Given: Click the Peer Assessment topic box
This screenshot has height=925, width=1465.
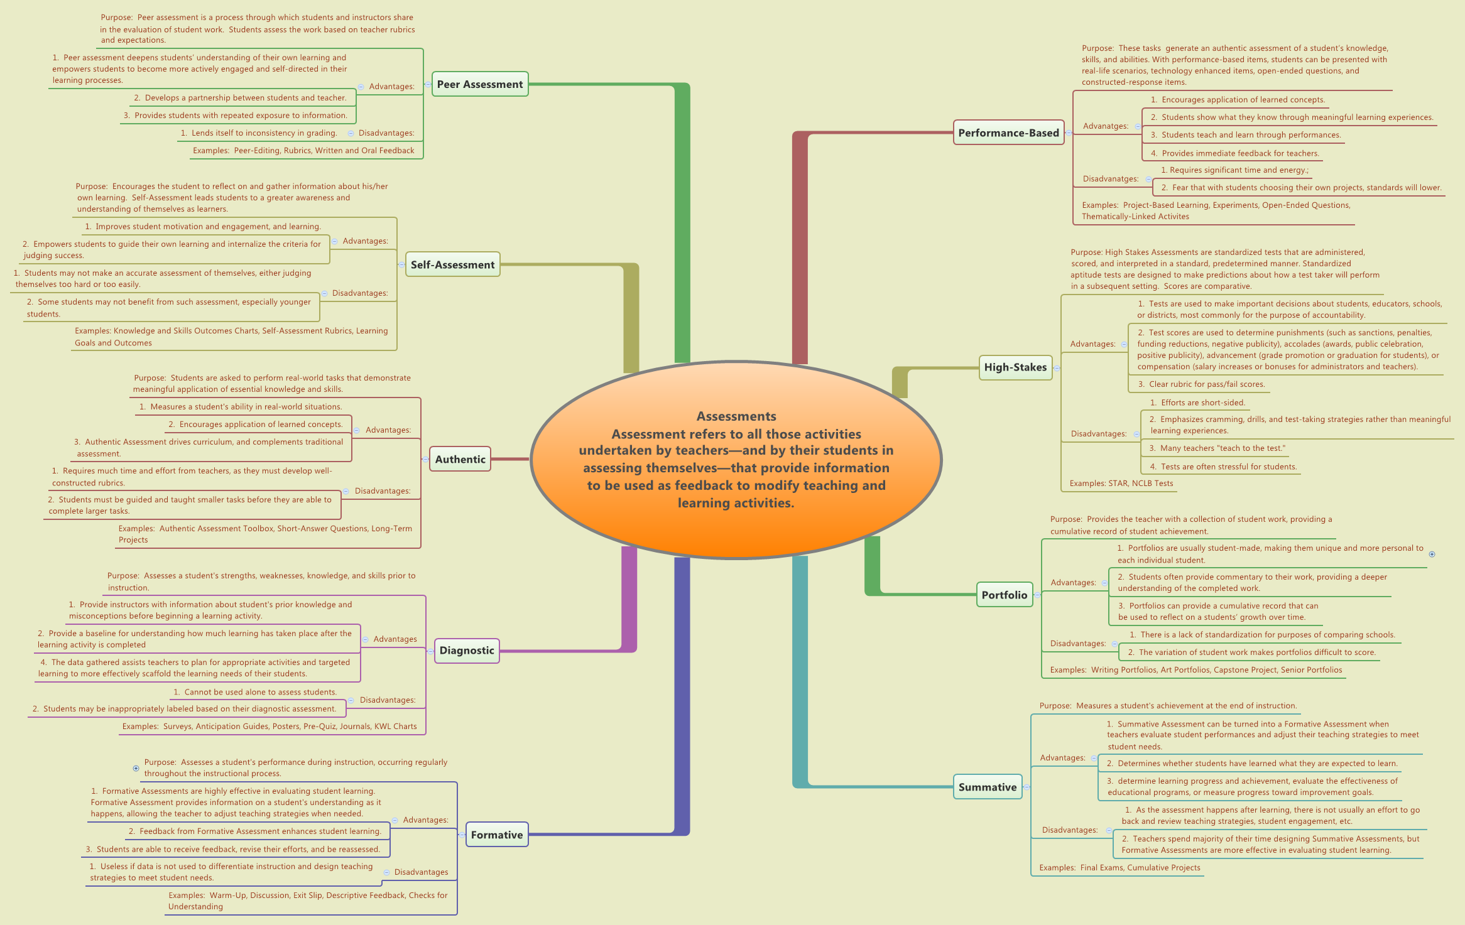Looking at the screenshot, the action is tap(480, 84).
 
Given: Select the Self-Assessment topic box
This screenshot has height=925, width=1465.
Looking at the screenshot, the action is tap(452, 265).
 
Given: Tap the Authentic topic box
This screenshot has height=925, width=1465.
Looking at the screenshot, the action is tap(460, 459).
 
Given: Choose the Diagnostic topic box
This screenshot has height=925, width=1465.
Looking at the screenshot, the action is tap(467, 651).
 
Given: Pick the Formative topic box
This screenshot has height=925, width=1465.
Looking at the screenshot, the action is tap(496, 835).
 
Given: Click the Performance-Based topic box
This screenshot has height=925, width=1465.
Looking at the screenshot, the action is tap(1008, 133).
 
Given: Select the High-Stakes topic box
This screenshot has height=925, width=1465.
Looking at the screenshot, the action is tap(1015, 367).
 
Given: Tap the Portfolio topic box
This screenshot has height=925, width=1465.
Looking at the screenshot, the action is tap(1004, 595).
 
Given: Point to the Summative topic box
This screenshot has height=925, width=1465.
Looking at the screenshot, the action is tap(987, 787).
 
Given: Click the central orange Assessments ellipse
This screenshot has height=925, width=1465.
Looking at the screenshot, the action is tap(736, 460).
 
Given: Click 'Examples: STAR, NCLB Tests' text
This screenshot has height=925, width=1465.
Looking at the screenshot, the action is tap(1121, 484).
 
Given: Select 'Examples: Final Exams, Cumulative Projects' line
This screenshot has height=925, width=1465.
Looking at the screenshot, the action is tap(1119, 868).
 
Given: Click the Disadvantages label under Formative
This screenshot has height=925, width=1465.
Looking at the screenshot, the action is tap(421, 872).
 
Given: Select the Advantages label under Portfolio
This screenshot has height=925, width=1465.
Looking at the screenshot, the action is tap(1073, 583).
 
